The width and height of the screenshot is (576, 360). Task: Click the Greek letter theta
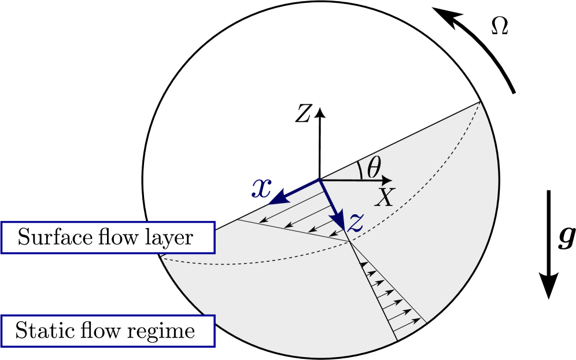374,168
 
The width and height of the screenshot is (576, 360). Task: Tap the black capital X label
383,198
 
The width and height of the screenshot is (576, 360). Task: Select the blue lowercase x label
261,188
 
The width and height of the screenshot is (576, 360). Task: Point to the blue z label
355,223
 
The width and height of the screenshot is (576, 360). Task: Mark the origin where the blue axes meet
320,181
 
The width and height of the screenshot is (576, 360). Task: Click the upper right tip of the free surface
479,102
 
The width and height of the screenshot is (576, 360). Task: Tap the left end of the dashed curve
163,259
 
